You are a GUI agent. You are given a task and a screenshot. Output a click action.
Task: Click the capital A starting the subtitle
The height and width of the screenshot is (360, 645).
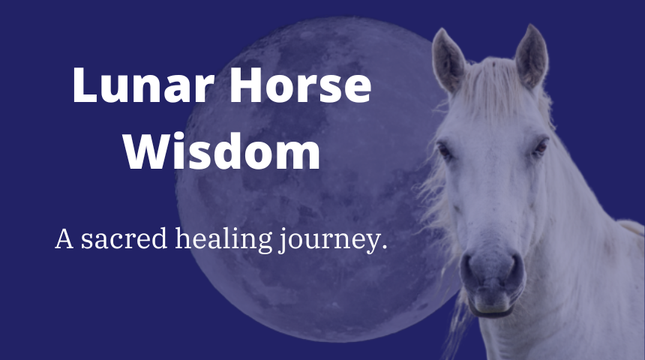click(64, 239)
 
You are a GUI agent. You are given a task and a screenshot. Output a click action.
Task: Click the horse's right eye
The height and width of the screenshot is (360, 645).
click(539, 148)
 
